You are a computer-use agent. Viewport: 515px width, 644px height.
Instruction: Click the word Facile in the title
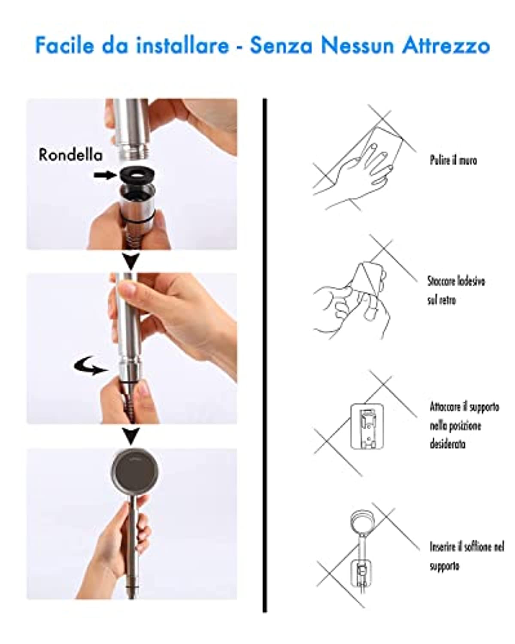tap(64, 46)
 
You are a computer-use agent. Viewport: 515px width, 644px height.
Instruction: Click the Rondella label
tap(71, 155)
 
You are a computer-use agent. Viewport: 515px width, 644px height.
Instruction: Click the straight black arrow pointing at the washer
tap(105, 175)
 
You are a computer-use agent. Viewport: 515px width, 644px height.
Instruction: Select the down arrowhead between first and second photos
tap(131, 261)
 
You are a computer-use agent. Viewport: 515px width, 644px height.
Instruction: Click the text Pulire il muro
tap(453, 161)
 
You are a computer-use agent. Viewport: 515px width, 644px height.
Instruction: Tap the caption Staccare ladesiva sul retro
tap(456, 290)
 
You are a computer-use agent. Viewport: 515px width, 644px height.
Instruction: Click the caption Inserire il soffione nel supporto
tap(467, 555)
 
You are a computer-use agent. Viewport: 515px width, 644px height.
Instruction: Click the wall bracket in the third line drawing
tap(367, 426)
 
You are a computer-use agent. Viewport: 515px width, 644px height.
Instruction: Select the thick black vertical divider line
tap(264, 355)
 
